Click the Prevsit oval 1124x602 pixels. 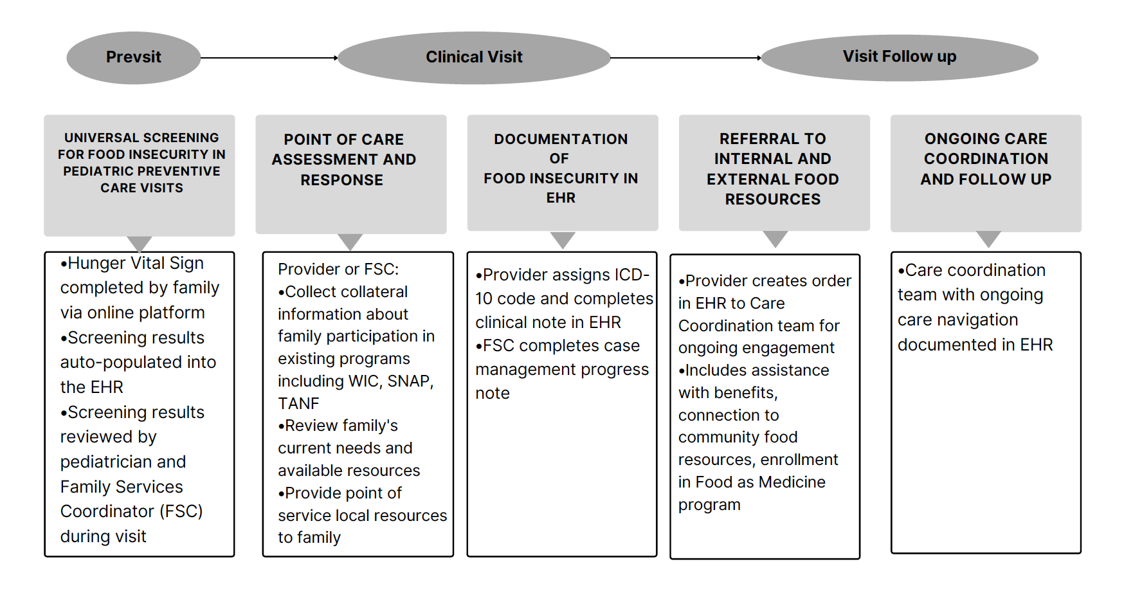pos(134,57)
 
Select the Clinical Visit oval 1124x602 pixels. pos(474,57)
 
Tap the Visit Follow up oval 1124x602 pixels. pos(900,57)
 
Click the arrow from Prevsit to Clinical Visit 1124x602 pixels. pos(269,58)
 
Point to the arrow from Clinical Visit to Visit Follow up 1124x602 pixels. pos(686,58)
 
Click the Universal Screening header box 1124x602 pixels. pos(140,176)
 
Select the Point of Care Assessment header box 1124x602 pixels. pos(351,174)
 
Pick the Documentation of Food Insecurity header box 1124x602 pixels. pos(563,173)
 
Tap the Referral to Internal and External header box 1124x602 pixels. pos(774,173)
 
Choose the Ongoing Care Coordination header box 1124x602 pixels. pos(986,174)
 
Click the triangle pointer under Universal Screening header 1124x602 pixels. pos(140,244)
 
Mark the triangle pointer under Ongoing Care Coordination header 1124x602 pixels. pos(988,239)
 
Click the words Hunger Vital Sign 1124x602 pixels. pos(136,263)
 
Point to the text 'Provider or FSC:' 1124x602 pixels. pos(338,269)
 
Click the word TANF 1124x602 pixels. pos(298,403)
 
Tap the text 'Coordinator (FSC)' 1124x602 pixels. pos(132,511)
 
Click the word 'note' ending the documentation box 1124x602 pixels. pos(493,393)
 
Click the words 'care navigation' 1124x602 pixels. pos(958,320)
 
